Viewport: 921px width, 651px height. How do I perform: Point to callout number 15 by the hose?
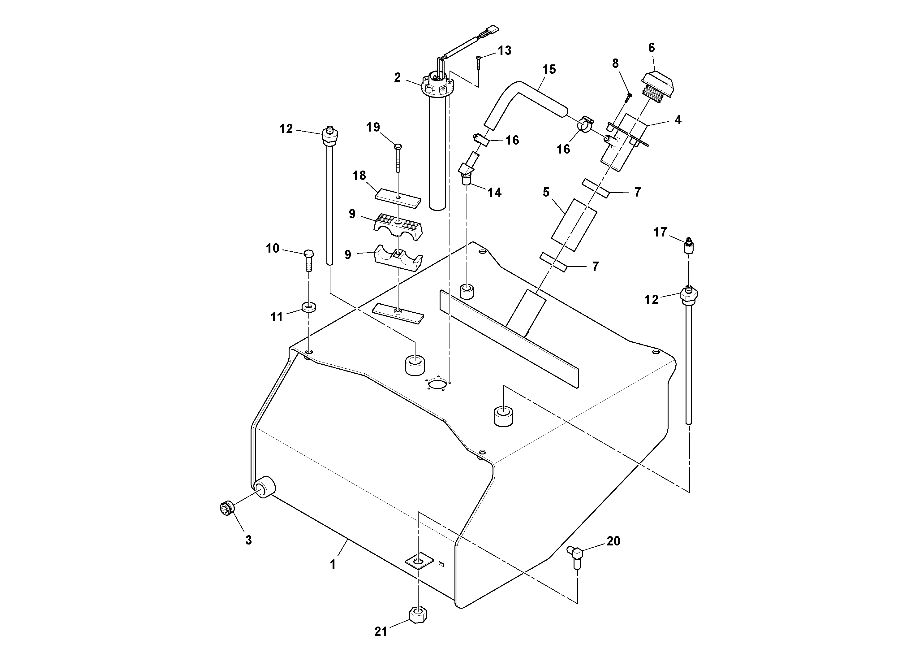click(549, 69)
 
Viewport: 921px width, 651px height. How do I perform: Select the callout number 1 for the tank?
click(333, 564)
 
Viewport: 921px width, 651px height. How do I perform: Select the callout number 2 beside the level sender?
click(397, 77)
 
